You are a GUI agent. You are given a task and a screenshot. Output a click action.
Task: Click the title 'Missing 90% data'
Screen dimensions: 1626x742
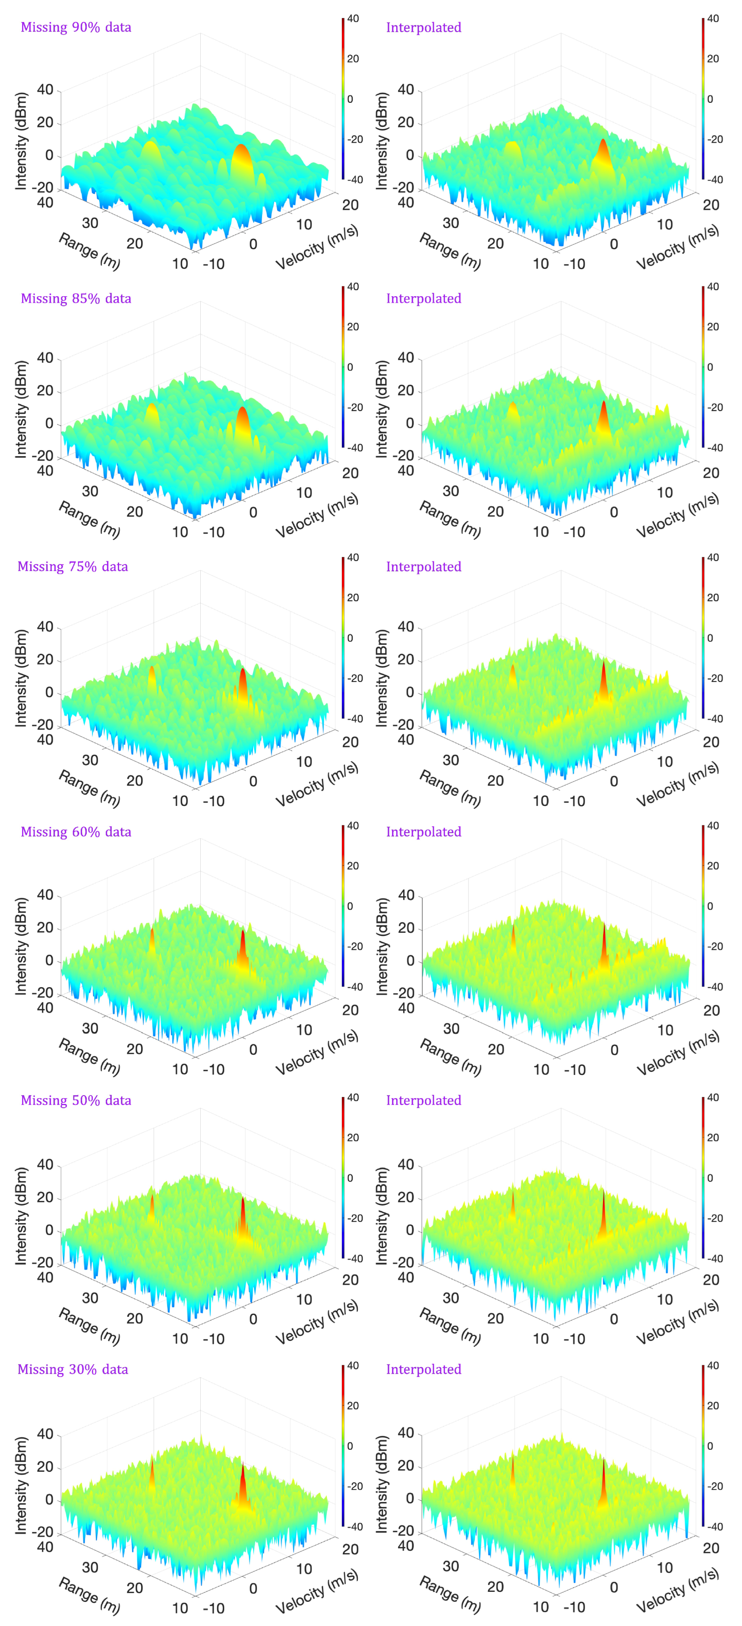tap(76, 27)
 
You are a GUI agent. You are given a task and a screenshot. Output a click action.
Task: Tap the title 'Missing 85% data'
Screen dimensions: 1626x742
tap(76, 298)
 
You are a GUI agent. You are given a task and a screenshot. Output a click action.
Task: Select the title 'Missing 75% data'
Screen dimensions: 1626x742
tap(73, 566)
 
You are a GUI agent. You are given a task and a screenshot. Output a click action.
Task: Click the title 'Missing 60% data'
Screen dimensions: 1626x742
tap(76, 831)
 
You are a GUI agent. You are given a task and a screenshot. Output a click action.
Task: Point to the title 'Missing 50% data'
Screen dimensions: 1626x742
tap(76, 1100)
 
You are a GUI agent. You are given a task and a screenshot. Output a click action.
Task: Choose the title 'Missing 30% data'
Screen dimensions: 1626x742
tap(73, 1369)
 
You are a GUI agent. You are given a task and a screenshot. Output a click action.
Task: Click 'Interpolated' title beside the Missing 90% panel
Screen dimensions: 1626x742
tap(423, 27)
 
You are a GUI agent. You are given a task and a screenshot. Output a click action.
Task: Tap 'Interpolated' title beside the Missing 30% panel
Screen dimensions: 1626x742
tap(423, 1369)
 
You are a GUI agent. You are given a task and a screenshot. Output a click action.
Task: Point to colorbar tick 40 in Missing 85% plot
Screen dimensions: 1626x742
tap(353, 287)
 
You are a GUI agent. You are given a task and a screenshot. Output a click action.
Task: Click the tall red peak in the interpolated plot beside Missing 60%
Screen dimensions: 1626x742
tap(604, 944)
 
